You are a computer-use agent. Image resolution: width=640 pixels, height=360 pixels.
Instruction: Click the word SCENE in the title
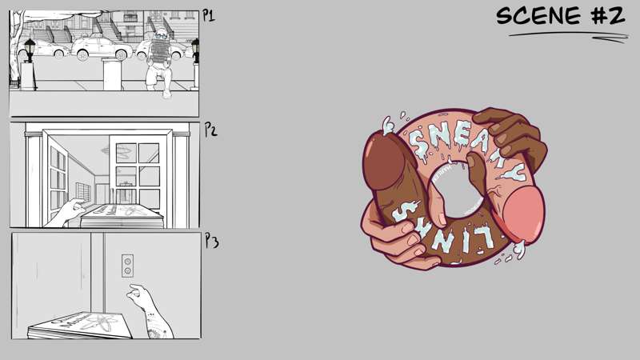[x=538, y=16]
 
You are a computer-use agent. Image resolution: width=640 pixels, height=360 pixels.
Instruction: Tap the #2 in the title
[x=608, y=16]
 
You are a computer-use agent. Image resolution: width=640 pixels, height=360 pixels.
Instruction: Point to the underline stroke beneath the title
[x=569, y=36]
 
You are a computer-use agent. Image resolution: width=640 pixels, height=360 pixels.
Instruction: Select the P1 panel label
[x=209, y=16]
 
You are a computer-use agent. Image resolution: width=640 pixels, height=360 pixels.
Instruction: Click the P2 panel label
[x=210, y=130]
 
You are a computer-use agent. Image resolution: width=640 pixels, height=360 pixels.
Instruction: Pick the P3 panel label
[x=212, y=241]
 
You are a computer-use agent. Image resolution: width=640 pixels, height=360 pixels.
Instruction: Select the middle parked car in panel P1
[x=102, y=47]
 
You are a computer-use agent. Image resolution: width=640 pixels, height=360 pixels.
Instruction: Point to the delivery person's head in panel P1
[x=162, y=34]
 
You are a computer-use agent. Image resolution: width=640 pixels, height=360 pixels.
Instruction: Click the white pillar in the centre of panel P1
[x=112, y=74]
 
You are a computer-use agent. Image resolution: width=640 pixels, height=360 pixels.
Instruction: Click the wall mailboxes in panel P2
[x=83, y=192]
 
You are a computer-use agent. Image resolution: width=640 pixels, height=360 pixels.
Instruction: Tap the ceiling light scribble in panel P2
[x=118, y=152]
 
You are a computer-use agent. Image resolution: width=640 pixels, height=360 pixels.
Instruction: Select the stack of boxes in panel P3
[x=79, y=326]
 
